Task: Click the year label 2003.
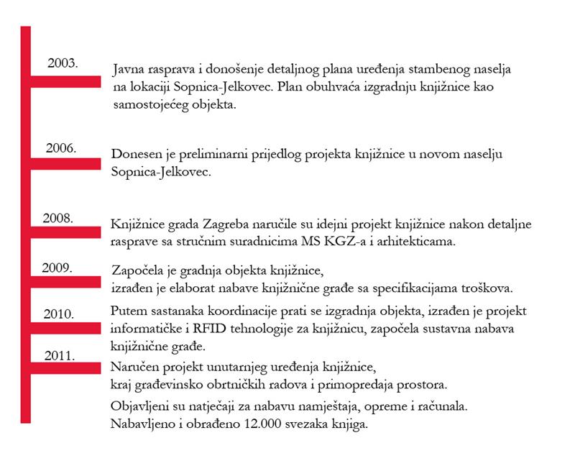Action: pos(63,63)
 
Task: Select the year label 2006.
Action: pos(61,148)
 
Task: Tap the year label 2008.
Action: pos(58,217)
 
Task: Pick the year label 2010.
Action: pos(59,314)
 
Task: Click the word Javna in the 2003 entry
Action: pos(129,70)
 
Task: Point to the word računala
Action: pos(444,407)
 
